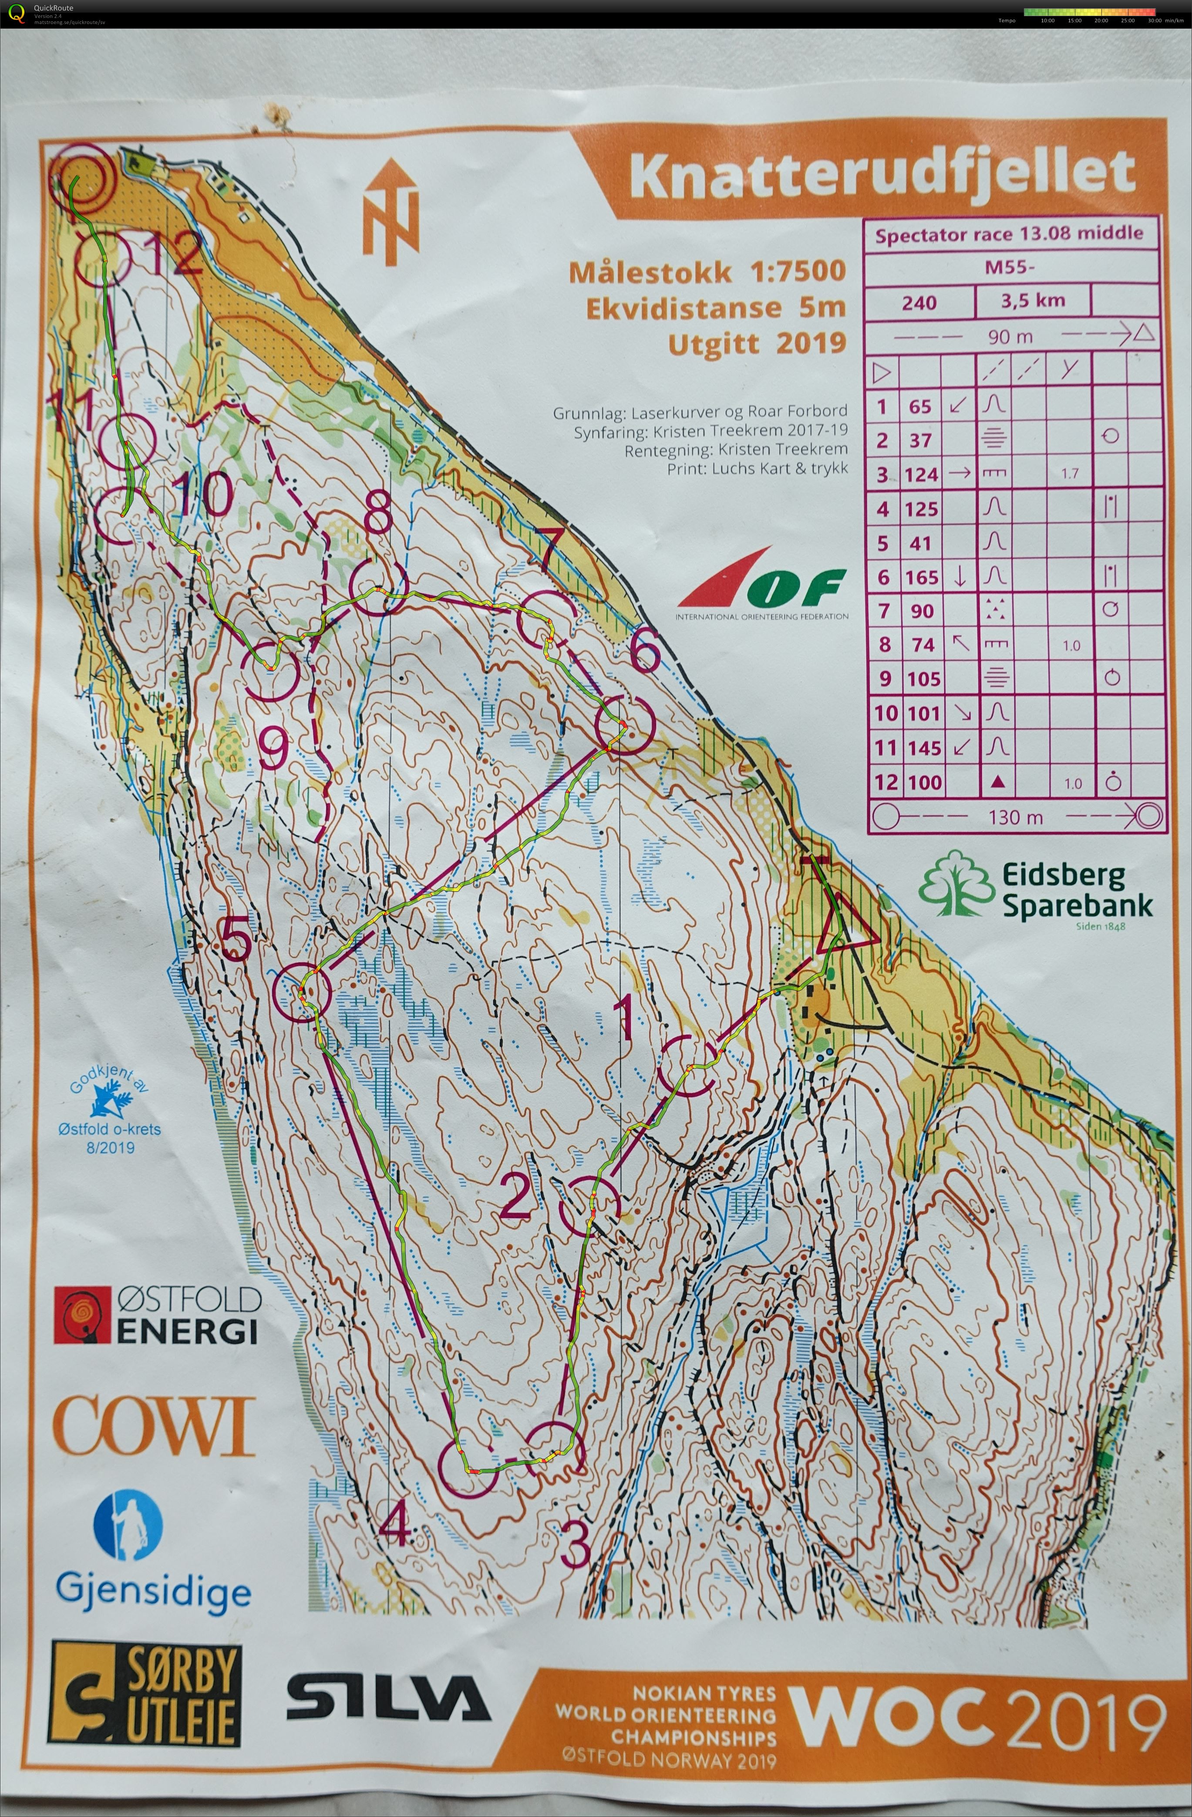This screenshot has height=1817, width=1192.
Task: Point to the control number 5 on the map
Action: [x=236, y=938]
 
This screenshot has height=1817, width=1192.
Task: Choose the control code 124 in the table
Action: [x=921, y=474]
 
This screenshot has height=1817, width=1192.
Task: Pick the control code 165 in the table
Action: [x=921, y=577]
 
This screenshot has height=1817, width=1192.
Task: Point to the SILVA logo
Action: [x=388, y=1699]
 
